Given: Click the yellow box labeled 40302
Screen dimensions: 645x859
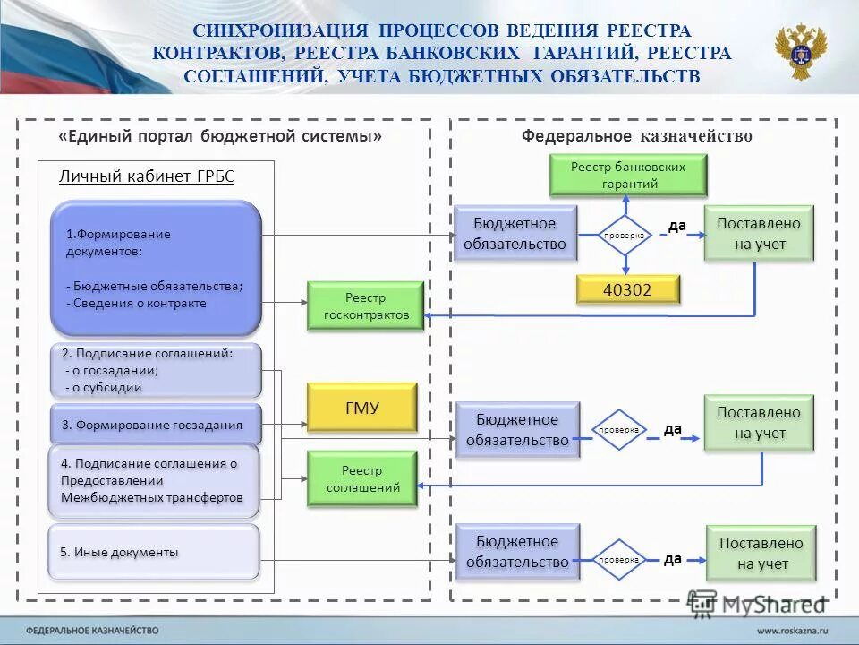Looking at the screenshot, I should coord(626,288).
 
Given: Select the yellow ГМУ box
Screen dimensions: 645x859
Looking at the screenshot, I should coord(361,408).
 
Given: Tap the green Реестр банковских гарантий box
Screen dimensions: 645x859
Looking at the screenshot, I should coord(627,176).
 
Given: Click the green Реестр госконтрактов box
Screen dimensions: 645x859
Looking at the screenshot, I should coord(365,305).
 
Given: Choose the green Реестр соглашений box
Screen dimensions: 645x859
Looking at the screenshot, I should coord(361,478).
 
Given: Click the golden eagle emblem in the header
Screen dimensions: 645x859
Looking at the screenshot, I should coord(800,52).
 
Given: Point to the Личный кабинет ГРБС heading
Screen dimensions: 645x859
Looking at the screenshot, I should coord(146,176).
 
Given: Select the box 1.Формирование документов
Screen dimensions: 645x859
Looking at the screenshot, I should coord(155,268).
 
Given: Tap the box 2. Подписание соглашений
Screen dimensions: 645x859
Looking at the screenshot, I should coord(155,370).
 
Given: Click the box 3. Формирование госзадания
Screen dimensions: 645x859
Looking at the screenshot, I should coord(155,425).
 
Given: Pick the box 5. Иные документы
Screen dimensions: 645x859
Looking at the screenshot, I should coord(153,552).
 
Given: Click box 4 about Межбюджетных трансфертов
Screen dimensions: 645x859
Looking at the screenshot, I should coord(153,481).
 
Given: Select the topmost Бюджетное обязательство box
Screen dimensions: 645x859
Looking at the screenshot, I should coord(514,233).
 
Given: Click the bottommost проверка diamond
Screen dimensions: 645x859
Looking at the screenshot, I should coord(619,559).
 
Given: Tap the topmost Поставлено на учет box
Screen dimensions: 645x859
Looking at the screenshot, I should coord(759,233).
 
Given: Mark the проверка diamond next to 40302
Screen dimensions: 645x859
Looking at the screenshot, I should coord(625,235).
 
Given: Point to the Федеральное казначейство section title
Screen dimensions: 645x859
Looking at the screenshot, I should coord(636,136).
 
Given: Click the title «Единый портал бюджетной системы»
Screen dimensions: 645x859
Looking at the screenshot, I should coord(220,136).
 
